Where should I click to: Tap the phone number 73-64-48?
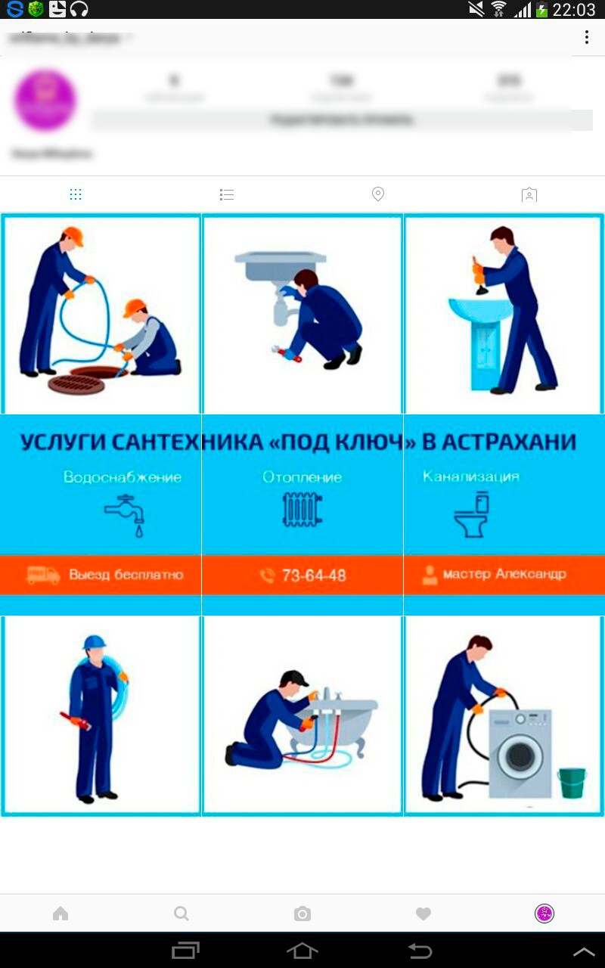click(313, 576)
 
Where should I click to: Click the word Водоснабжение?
click(123, 477)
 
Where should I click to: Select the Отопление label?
click(302, 477)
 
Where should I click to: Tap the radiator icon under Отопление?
click(302, 510)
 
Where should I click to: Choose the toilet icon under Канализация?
click(472, 514)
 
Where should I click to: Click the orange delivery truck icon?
click(43, 575)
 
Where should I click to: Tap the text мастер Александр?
click(504, 574)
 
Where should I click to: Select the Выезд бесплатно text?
click(126, 575)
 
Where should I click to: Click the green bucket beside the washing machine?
click(572, 783)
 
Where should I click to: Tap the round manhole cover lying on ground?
click(76, 385)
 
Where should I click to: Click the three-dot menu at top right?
click(587, 38)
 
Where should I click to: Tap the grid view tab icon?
click(76, 195)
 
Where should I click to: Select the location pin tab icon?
click(378, 194)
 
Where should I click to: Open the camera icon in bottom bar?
click(302, 914)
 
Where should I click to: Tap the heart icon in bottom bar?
click(423, 914)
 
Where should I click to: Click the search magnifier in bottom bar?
click(181, 914)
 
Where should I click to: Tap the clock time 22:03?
click(574, 10)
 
